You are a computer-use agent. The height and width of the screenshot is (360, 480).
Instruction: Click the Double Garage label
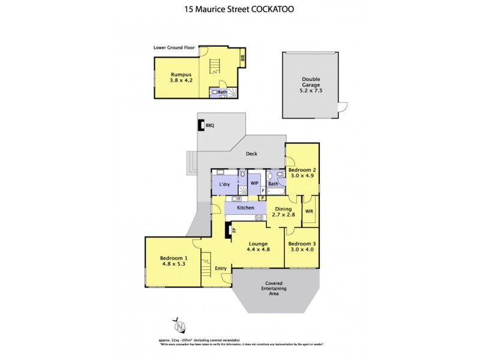(x=311, y=85)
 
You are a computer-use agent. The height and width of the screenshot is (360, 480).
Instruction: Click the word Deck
(x=251, y=154)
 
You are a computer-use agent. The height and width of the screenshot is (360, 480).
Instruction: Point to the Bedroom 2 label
(x=302, y=173)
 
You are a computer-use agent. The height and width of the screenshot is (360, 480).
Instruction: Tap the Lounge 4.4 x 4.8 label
(x=258, y=247)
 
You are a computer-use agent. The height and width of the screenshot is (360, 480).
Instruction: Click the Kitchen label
(x=246, y=208)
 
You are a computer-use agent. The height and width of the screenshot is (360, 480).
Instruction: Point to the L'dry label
(x=225, y=184)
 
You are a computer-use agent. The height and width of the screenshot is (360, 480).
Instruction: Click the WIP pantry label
(x=254, y=183)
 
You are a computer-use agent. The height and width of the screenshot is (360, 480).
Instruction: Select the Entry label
(x=221, y=268)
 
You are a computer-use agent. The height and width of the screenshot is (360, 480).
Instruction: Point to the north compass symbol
(x=179, y=326)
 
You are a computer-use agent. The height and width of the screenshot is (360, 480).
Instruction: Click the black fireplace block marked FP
(x=227, y=230)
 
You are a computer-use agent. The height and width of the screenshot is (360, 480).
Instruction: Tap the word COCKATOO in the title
(x=277, y=10)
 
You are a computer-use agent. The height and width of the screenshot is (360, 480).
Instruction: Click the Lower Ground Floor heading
(x=174, y=46)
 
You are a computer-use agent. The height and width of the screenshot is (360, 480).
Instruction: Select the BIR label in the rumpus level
(x=243, y=59)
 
